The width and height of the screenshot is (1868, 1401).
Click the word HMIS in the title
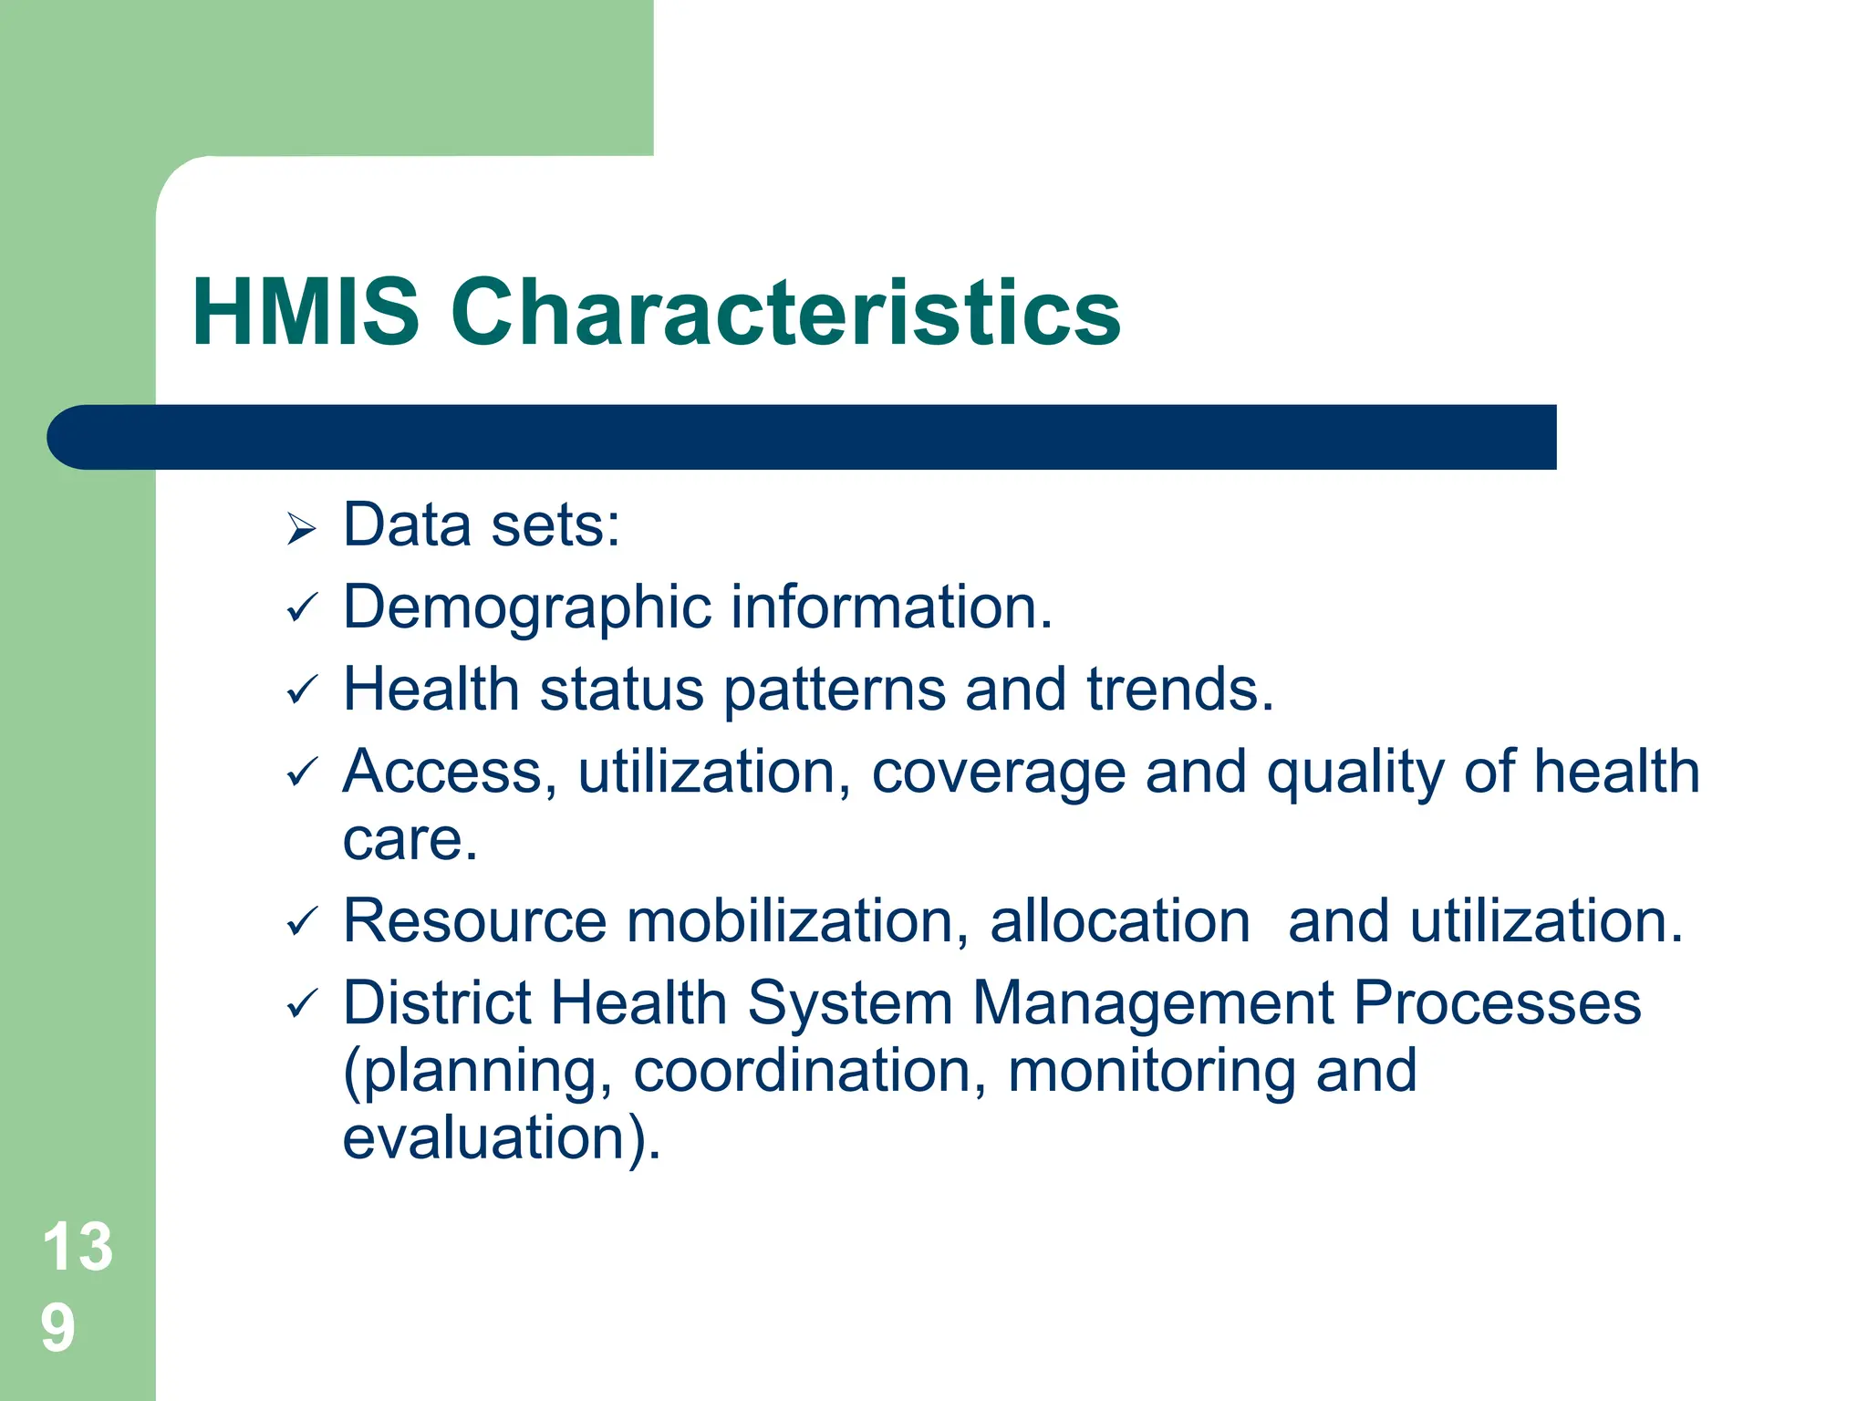(x=306, y=313)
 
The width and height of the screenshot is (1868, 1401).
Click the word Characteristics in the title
(x=785, y=313)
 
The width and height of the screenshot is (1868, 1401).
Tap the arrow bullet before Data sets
(x=300, y=529)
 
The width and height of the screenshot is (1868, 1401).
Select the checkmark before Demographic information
(x=301, y=608)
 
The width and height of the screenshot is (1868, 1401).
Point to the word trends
(x=1179, y=690)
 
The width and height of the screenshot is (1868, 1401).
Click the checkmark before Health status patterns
(x=301, y=690)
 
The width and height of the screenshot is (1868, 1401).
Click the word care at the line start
(x=409, y=840)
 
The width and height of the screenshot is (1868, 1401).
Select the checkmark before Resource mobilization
(x=301, y=922)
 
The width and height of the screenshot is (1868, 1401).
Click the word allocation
(x=1119, y=921)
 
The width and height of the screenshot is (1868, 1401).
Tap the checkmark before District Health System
(x=301, y=1005)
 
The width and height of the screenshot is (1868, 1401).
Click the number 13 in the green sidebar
(x=78, y=1247)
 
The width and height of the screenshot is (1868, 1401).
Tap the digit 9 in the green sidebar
(x=57, y=1328)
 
